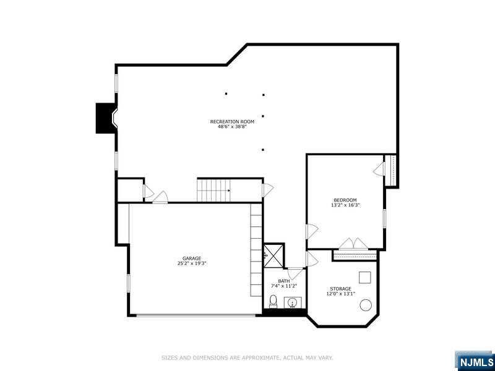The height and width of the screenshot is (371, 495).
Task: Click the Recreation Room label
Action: point(232,121)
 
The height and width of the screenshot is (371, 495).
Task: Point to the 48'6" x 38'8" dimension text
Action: point(232,127)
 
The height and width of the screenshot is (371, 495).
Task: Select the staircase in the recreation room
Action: point(213,189)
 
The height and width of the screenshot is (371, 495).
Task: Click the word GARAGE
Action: point(191,258)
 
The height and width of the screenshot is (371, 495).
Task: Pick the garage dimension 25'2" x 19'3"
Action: point(191,263)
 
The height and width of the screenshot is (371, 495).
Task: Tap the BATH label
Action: point(284,281)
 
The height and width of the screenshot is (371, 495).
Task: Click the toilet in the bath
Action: point(273,302)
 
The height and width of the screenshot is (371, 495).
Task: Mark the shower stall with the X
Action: point(273,254)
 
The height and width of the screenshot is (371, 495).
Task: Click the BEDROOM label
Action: point(345,200)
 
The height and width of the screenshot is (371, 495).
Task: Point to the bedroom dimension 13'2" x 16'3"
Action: point(345,205)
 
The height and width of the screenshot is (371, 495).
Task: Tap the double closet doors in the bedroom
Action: point(355,244)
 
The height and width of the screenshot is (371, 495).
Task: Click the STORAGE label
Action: point(340,289)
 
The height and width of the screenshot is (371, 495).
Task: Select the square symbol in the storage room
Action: point(364,277)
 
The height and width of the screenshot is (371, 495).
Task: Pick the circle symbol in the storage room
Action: point(366,305)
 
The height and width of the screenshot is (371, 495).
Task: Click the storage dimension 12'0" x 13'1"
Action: point(340,294)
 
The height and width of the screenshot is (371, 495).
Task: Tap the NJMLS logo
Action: point(475,361)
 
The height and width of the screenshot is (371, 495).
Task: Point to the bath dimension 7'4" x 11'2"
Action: point(284,286)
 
